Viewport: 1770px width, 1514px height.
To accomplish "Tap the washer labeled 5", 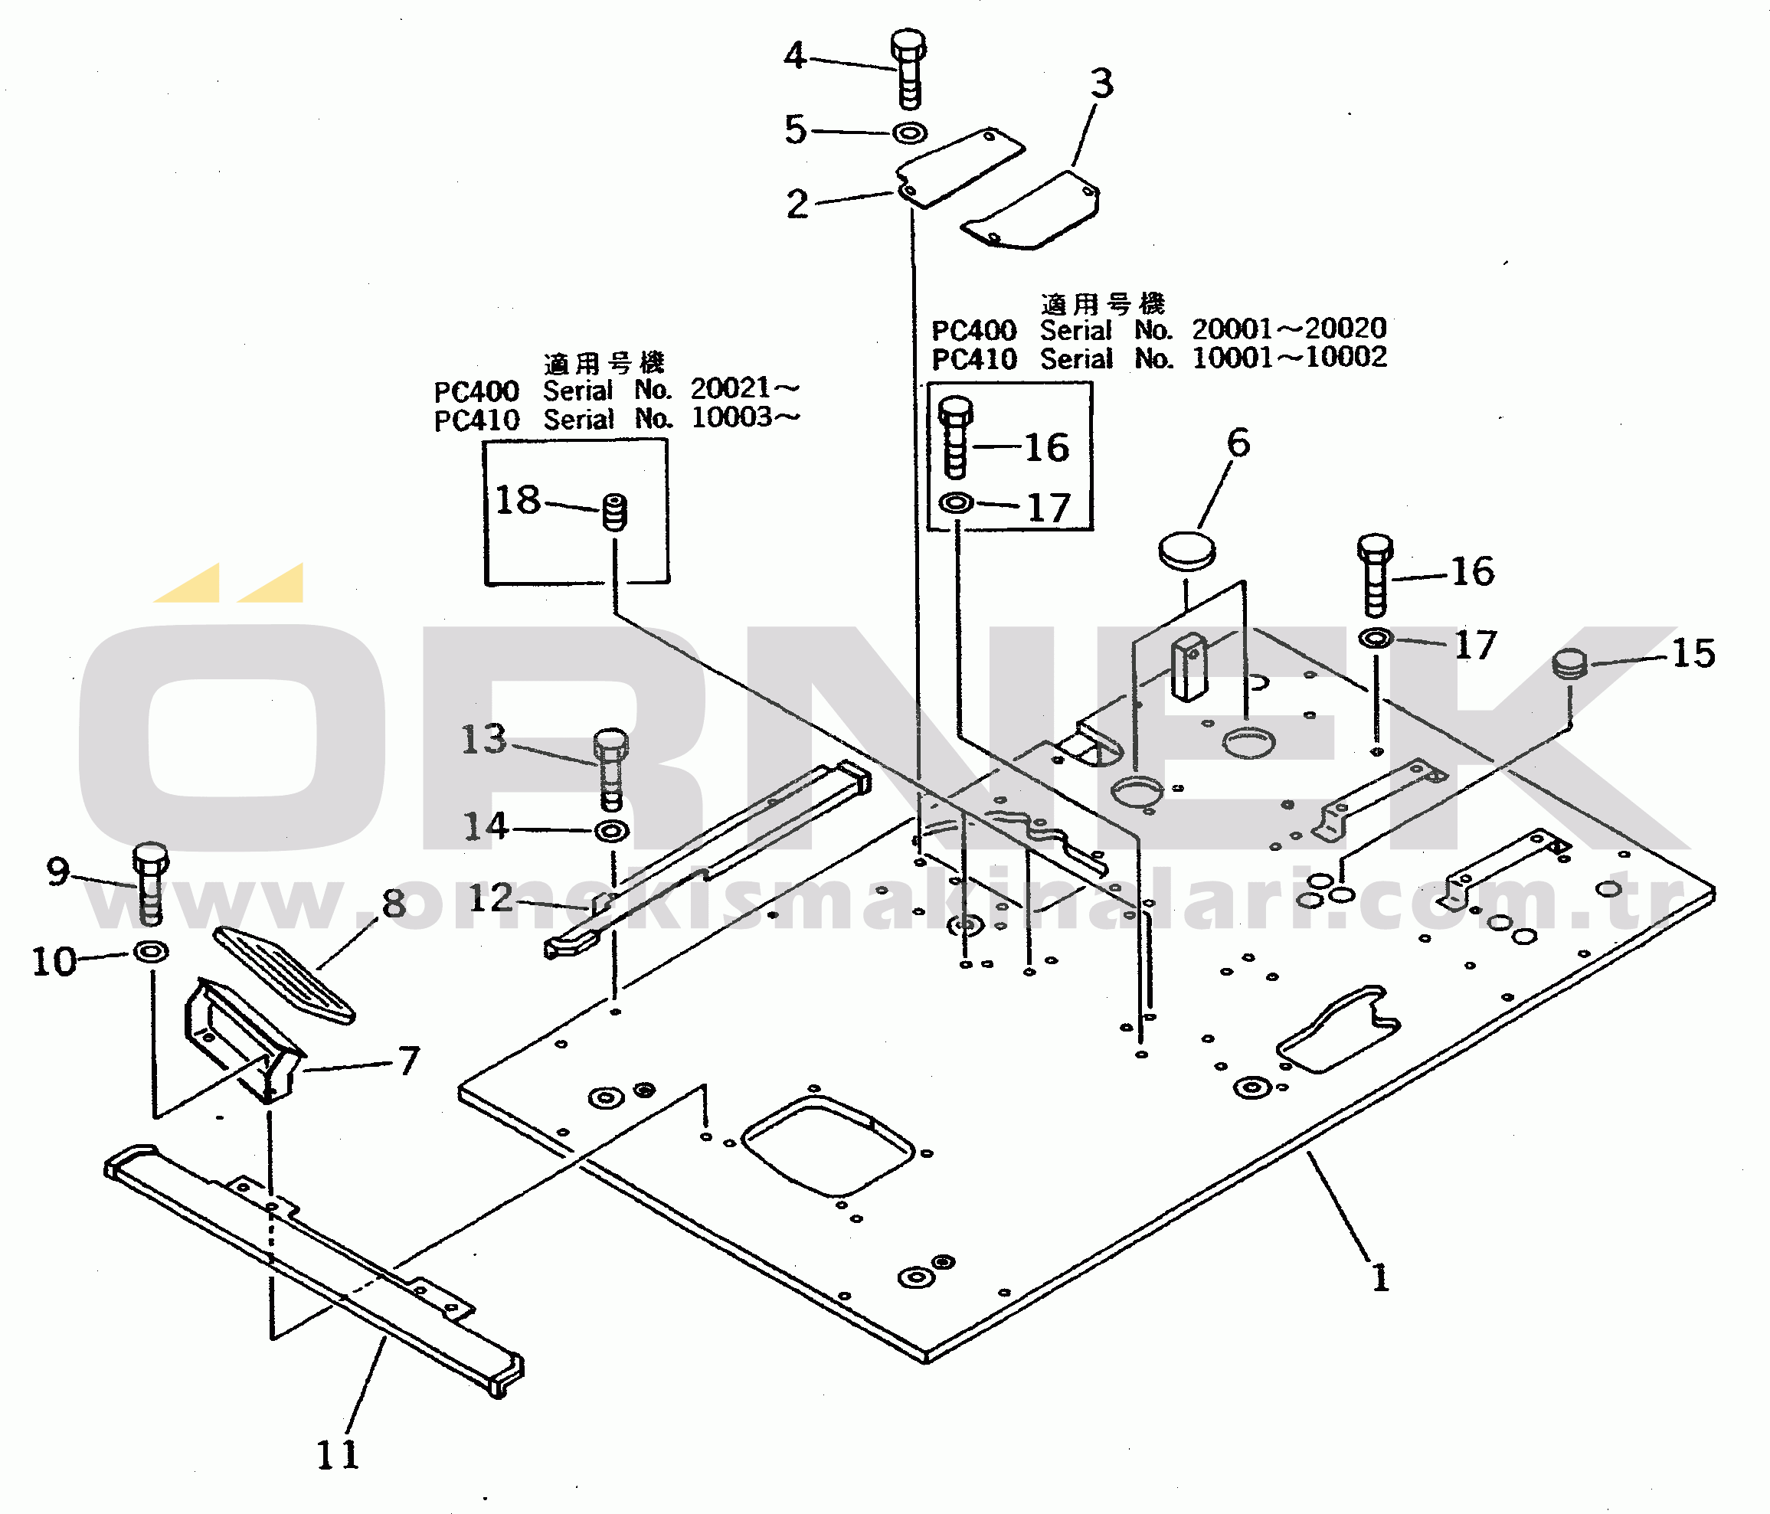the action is point(910,133).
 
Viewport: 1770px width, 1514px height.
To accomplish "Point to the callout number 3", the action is point(1102,83).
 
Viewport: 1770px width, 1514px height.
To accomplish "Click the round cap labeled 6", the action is point(1186,550).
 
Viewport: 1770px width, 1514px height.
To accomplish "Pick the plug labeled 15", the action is point(1569,663).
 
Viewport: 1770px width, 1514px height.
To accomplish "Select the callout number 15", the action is point(1693,653).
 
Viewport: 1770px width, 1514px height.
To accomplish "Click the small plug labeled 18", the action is point(615,512).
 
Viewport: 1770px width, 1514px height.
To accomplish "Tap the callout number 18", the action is point(518,499).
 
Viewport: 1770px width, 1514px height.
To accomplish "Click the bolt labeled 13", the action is point(610,770).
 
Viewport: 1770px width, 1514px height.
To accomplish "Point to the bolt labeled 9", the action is point(150,884).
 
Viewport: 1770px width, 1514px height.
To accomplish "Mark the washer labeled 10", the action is point(151,951).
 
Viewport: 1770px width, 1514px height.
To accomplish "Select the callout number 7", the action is point(409,1061).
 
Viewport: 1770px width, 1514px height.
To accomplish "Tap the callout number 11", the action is point(339,1455).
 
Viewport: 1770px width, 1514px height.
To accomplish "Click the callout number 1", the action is point(1380,1278).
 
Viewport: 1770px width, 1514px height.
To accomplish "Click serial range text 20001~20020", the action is point(1289,328).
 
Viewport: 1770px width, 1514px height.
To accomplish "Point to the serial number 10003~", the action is point(745,417).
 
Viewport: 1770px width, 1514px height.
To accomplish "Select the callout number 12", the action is point(490,898).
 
